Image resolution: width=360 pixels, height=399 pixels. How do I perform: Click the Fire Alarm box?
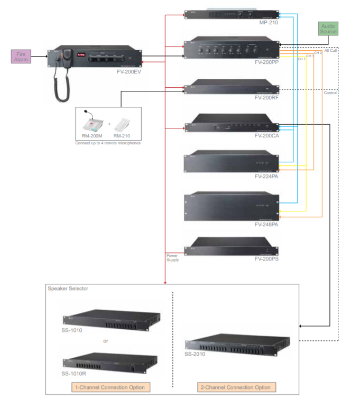[x=21, y=56]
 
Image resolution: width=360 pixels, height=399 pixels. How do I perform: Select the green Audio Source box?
[x=328, y=29]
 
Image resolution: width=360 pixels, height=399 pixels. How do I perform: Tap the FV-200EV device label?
[x=129, y=69]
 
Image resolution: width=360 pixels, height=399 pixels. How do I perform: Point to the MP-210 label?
[x=268, y=23]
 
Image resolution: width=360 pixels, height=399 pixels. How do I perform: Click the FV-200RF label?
[x=266, y=98]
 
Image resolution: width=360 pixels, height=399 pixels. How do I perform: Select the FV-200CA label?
[x=266, y=135]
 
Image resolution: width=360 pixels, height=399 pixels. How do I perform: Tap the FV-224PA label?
[x=266, y=178]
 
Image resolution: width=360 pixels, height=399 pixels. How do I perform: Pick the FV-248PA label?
[x=266, y=224]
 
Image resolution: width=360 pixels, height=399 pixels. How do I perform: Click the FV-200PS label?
[x=266, y=259]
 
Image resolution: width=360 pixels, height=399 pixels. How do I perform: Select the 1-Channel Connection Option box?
[x=109, y=387]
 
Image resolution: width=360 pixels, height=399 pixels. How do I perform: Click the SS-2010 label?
[x=195, y=354]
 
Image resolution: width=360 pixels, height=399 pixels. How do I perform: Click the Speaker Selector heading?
[x=68, y=289]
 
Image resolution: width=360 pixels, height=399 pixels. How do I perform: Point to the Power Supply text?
[x=173, y=257]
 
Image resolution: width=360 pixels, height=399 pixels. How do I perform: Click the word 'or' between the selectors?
[x=106, y=341]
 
